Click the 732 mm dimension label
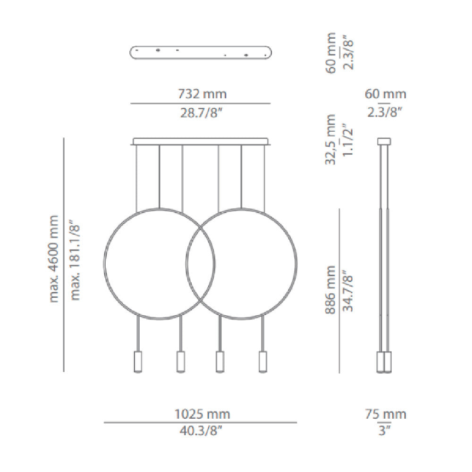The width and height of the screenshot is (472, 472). pos(202,94)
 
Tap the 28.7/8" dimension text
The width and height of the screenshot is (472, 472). pos(201,113)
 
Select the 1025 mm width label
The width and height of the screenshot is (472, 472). pos(202,414)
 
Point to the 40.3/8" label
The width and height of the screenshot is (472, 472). pos(201,431)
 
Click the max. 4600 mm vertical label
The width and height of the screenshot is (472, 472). pos(53,259)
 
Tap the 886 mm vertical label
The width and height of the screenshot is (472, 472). pos(330,290)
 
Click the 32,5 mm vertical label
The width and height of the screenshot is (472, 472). pos(330,139)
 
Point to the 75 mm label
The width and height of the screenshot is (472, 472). pos(386,414)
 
